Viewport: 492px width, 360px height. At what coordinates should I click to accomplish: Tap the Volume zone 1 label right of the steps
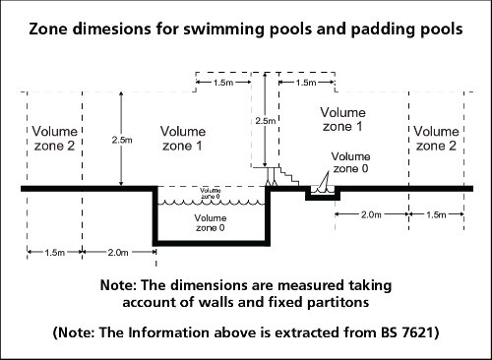[x=342, y=119]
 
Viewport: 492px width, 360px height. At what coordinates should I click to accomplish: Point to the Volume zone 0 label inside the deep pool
[x=209, y=221]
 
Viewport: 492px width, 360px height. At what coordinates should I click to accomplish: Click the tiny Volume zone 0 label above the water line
[x=211, y=193]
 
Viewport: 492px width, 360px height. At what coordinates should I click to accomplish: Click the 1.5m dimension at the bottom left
[x=56, y=253]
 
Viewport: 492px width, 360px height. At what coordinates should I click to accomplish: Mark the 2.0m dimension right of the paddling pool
[x=371, y=212]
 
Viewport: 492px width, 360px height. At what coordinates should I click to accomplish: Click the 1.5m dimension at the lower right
[x=434, y=212]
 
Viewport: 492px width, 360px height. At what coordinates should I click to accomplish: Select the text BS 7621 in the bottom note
[x=405, y=332]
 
